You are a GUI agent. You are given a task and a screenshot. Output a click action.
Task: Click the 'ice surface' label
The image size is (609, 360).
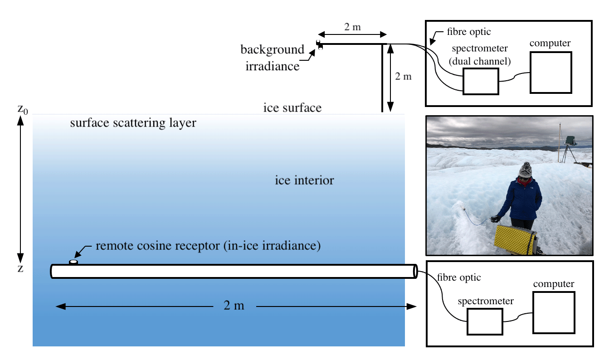point(292,108)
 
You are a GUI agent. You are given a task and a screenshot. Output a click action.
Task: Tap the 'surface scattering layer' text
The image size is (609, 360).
point(133,123)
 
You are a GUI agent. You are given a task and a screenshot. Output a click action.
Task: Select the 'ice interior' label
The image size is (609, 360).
point(304,180)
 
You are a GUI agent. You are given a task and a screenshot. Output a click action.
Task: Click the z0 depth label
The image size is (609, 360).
point(23,109)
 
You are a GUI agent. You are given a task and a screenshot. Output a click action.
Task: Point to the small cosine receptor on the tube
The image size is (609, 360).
point(73,262)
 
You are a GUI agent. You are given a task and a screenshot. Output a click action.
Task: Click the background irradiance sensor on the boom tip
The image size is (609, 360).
point(320,44)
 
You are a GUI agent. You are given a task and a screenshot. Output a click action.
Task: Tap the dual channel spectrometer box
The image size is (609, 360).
point(481,82)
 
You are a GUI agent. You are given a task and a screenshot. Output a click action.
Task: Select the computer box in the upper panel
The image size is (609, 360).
point(551,72)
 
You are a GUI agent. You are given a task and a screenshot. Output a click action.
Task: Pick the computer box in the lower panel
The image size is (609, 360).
point(554,312)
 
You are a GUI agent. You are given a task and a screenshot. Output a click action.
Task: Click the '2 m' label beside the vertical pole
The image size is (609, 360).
point(403,77)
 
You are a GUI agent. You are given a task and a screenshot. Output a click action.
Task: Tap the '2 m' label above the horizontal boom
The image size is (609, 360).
point(352,27)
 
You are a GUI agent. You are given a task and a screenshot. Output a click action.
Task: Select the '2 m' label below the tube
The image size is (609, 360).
point(234,306)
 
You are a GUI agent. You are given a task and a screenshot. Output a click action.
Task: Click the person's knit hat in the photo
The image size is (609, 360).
point(526,170)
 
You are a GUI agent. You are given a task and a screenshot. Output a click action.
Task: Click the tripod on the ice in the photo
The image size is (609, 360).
point(569,152)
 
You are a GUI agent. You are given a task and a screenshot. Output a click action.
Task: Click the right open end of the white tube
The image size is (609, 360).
point(414,271)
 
